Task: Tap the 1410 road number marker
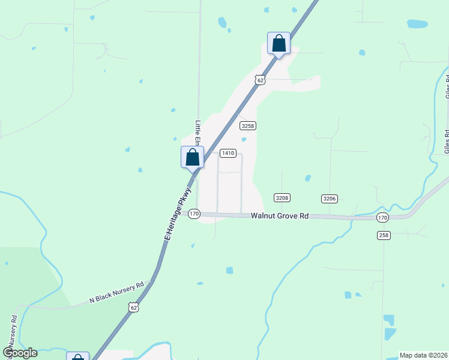coord(228,153)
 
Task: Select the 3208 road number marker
coord(282,197)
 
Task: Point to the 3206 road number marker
coord(329,198)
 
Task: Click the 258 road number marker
coord(384,235)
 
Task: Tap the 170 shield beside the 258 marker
coord(383,217)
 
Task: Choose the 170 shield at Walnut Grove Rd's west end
coord(194,214)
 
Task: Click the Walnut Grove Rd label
coord(279,215)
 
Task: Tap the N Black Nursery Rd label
coord(117,292)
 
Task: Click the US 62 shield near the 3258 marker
coord(259,79)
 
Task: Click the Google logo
coord(20,353)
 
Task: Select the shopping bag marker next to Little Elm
coord(193,158)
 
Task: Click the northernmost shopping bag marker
coord(279,43)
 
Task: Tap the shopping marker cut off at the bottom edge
coord(78,357)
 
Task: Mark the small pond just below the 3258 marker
coord(244,140)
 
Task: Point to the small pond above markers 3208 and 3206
coord(308,178)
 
